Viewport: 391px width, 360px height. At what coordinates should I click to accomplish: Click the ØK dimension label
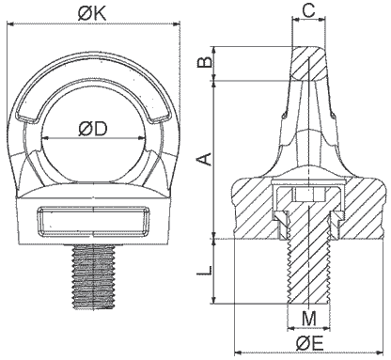pos(92,13)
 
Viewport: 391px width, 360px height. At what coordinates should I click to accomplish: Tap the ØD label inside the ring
pos(93,129)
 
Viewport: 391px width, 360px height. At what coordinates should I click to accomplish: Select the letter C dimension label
pos(309,10)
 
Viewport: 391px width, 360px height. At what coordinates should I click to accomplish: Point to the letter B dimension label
pos(206,62)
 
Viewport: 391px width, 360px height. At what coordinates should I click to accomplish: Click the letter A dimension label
pos(204,159)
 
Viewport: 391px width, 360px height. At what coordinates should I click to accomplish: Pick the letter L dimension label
pos(204,270)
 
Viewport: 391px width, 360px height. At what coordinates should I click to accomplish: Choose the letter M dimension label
pos(309,319)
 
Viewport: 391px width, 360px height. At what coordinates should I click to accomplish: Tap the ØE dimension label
pos(309,344)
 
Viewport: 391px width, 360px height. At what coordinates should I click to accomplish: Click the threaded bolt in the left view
pos(93,276)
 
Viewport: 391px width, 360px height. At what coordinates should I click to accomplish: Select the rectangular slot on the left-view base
pos(94,221)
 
